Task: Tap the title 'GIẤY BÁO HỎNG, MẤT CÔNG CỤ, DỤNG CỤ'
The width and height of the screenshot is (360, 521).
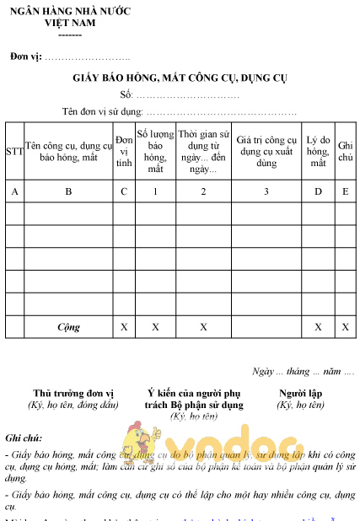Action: pyautogui.click(x=180, y=78)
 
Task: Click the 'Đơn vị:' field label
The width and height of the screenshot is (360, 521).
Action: pyautogui.click(x=25, y=56)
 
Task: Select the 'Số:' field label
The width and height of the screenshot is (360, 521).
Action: pyautogui.click(x=127, y=94)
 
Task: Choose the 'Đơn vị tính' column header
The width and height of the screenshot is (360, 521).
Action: pyautogui.click(x=124, y=151)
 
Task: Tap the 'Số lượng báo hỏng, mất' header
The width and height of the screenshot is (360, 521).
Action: pyautogui.click(x=155, y=151)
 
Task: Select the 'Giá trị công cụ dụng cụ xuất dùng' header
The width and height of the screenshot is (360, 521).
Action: pyautogui.click(x=266, y=151)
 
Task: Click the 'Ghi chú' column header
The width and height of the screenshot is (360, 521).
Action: pyautogui.click(x=346, y=151)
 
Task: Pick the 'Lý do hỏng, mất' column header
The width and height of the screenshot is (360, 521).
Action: pyautogui.click(x=318, y=151)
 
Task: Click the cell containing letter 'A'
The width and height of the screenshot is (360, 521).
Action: pyautogui.click(x=14, y=191)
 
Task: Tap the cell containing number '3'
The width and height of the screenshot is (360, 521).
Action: pyautogui.click(x=266, y=191)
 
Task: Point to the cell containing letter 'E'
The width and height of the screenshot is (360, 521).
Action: pyautogui.click(x=346, y=191)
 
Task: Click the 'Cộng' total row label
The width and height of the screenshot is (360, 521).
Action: pyautogui.click(x=68, y=326)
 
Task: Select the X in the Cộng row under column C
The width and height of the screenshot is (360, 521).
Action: pyautogui.click(x=124, y=326)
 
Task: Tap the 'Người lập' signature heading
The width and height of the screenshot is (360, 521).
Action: pyautogui.click(x=300, y=393)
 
